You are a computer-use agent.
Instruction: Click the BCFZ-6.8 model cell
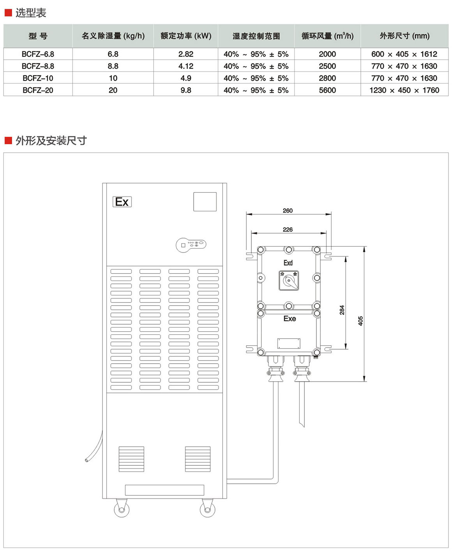click(38, 54)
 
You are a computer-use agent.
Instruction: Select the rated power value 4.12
click(186, 66)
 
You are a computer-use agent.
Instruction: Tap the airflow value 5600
click(327, 90)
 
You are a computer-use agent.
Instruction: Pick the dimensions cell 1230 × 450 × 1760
click(404, 90)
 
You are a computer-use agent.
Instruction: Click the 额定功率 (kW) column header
click(186, 36)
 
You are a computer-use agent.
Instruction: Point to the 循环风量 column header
click(327, 36)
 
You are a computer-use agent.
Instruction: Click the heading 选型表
click(30, 13)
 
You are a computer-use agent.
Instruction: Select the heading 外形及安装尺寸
click(51, 141)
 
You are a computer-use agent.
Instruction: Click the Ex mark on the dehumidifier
click(122, 202)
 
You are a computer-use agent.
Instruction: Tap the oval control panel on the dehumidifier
click(191, 245)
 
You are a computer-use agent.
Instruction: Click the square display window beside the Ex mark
click(205, 202)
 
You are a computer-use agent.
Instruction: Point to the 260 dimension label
click(288, 210)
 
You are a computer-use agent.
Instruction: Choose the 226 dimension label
click(288, 230)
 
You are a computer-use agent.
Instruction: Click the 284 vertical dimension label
click(342, 310)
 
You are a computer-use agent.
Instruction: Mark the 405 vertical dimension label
click(360, 321)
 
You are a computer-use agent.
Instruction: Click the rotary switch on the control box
click(289, 280)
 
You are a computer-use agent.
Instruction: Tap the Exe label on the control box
click(290, 319)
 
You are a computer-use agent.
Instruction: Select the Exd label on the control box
click(288, 263)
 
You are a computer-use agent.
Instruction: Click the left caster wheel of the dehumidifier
click(122, 509)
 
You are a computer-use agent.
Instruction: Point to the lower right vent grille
click(198, 459)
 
